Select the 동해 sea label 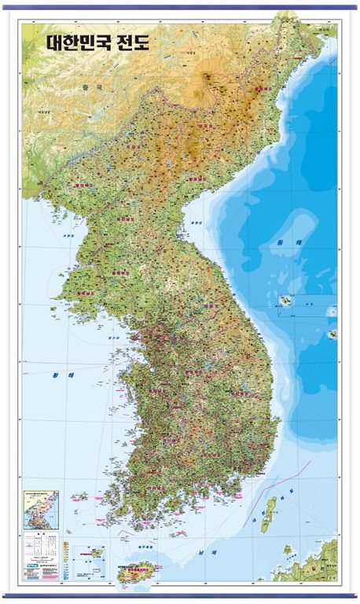pos(283,242)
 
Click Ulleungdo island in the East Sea pos(286,300)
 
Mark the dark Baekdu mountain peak pos(208,77)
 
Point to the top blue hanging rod pos(180,7)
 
